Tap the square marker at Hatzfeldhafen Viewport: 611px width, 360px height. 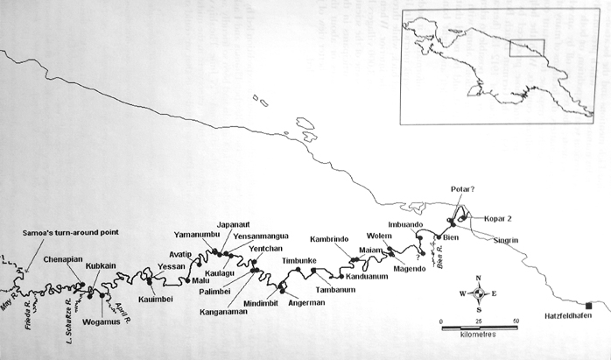pos(589,305)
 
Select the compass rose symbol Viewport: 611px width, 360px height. pos(479,293)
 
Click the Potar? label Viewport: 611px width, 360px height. pos(465,188)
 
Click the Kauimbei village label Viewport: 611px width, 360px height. pos(157,299)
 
